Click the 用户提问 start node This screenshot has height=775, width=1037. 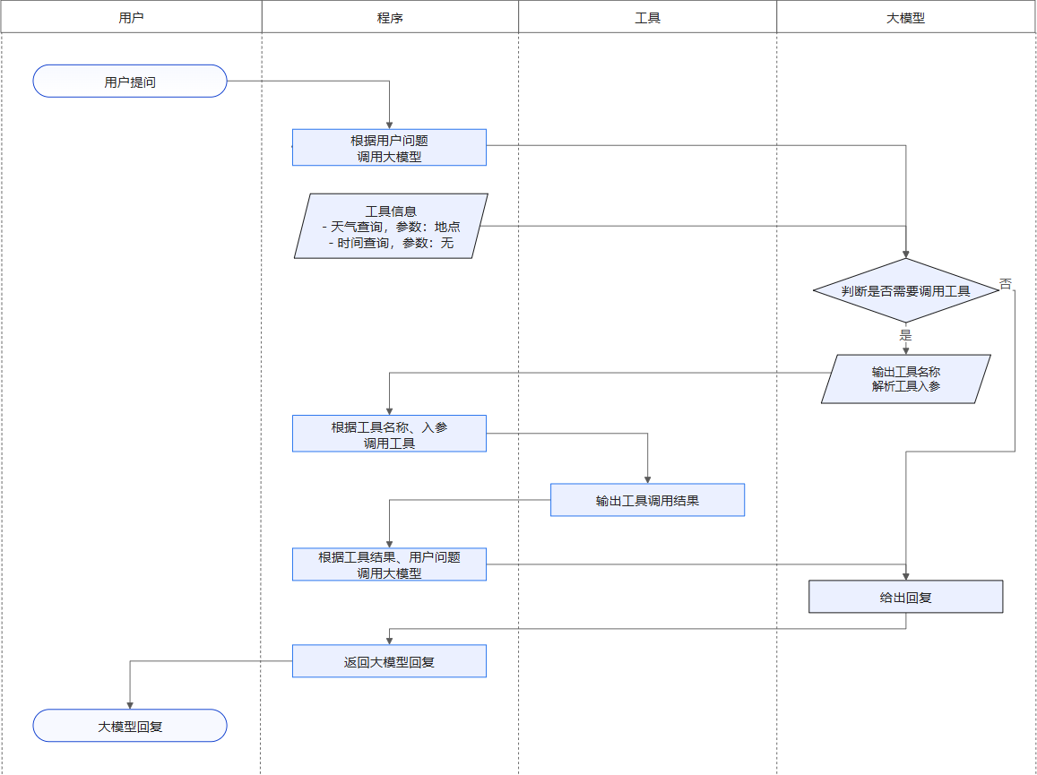[130, 82]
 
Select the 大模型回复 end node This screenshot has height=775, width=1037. [130, 727]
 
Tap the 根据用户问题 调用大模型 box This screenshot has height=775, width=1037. [389, 148]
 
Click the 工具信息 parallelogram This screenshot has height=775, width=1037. [391, 226]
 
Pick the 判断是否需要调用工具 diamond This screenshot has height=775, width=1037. [905, 291]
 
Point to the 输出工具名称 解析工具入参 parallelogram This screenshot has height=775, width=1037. [905, 379]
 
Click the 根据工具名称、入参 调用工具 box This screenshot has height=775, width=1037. [389, 435]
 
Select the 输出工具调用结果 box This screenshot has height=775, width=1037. [647, 501]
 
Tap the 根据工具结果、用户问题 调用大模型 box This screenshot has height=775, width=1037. [389, 564]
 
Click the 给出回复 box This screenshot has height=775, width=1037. [905, 597]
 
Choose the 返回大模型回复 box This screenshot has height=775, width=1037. [389, 662]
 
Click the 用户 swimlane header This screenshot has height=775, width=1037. [131, 17]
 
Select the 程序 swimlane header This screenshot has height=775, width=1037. [390, 17]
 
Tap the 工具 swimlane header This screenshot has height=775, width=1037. [647, 17]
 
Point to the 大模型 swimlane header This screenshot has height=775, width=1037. [905, 17]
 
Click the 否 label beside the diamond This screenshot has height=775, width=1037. [1006, 283]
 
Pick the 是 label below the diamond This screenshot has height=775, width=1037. [905, 335]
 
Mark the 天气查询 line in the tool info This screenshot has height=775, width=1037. [391, 227]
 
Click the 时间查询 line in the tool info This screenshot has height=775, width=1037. [391, 243]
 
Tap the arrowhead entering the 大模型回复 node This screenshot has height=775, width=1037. [130, 705]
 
